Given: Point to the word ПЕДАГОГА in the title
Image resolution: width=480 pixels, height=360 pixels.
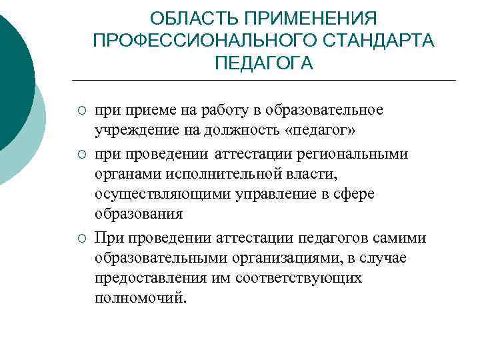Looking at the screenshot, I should [264, 63].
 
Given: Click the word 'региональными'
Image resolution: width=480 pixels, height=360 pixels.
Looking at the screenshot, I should [361, 155].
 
